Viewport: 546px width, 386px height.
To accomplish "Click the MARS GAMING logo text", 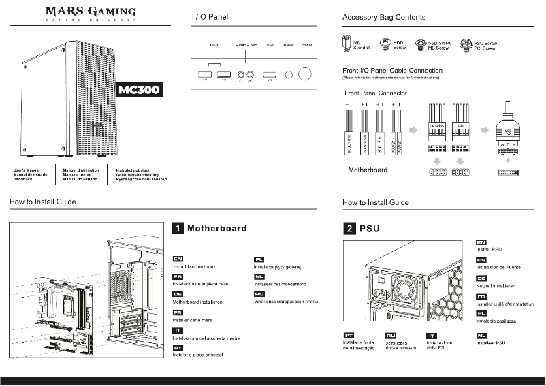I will coord(90,12).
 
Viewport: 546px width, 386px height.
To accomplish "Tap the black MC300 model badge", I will coord(140,91).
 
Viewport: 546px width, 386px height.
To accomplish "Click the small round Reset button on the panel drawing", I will coord(289,74).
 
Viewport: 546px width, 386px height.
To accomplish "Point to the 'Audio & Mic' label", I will coord(246,44).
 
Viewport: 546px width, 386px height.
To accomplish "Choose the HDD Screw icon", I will coord(385,45).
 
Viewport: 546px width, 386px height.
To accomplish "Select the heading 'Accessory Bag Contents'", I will coord(384,17).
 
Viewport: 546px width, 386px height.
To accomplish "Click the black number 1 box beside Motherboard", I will coord(177,229).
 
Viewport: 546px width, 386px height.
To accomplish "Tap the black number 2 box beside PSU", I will coord(349,229).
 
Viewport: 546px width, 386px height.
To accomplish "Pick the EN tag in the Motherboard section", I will coord(177,259).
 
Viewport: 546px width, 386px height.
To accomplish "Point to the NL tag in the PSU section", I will coord(481,335).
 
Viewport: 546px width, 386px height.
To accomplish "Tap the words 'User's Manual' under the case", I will coord(28,170).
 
